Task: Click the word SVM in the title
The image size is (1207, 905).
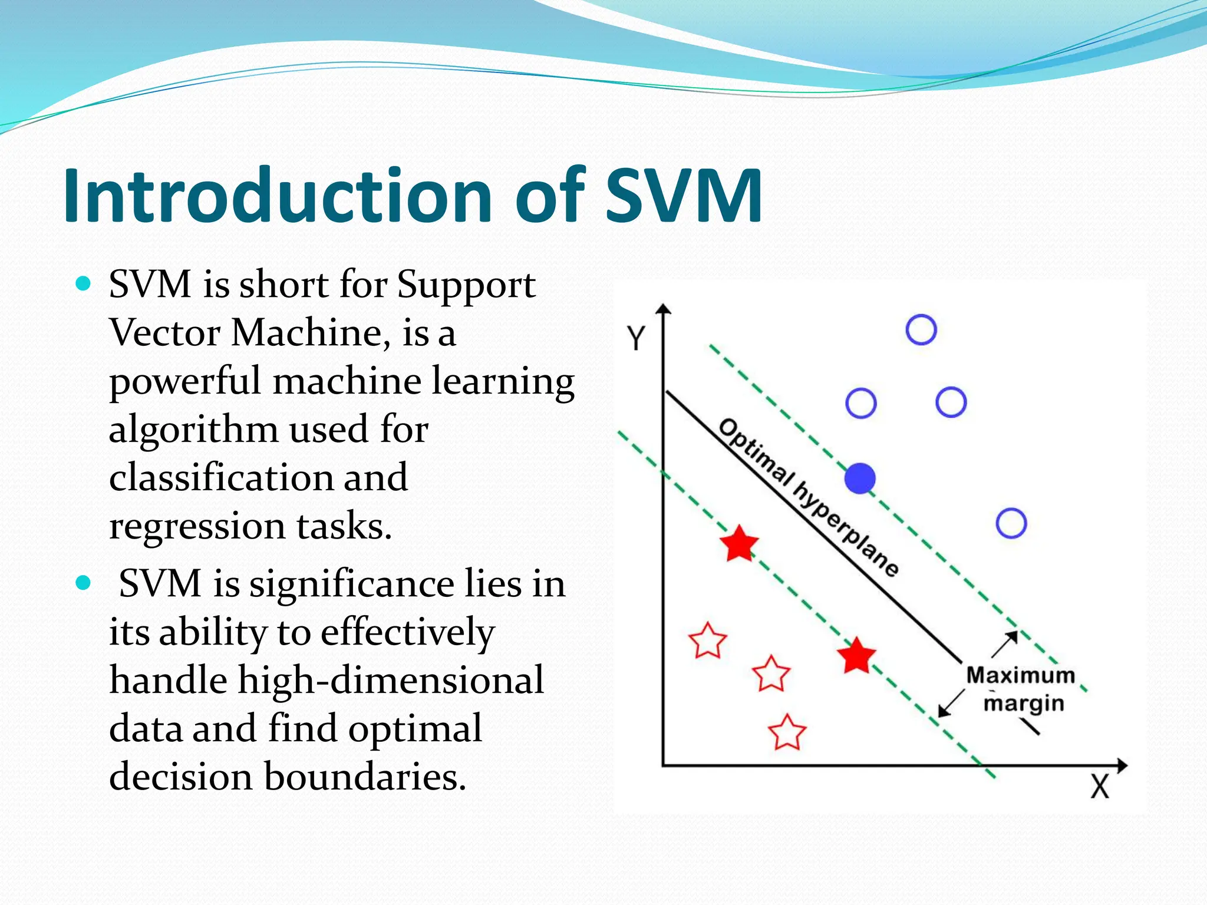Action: pyautogui.click(x=684, y=196)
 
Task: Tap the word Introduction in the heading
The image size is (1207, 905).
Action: pyautogui.click(x=277, y=196)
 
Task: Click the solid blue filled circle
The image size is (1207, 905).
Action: pyautogui.click(x=860, y=478)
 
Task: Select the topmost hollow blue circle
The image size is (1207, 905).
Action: pyautogui.click(x=921, y=329)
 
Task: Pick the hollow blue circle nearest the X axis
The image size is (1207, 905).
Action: pyautogui.click(x=1011, y=523)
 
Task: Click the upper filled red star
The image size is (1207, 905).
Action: pyautogui.click(x=739, y=544)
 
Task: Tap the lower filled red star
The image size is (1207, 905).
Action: pyautogui.click(x=856, y=656)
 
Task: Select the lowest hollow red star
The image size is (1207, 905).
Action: pyautogui.click(x=787, y=732)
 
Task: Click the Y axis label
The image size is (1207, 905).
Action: pyautogui.click(x=636, y=338)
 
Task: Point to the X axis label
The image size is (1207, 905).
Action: pyautogui.click(x=1099, y=787)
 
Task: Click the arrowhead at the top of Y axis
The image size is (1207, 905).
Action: pyautogui.click(x=664, y=309)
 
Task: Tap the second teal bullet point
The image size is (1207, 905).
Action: pyautogui.click(x=84, y=583)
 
